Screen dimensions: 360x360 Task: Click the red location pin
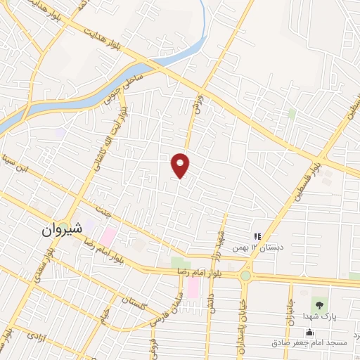click(x=181, y=165)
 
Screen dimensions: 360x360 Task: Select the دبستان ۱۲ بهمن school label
click(x=262, y=248)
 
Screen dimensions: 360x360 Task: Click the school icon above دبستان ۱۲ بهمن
click(x=257, y=238)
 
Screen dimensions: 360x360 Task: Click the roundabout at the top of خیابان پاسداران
click(x=245, y=276)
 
